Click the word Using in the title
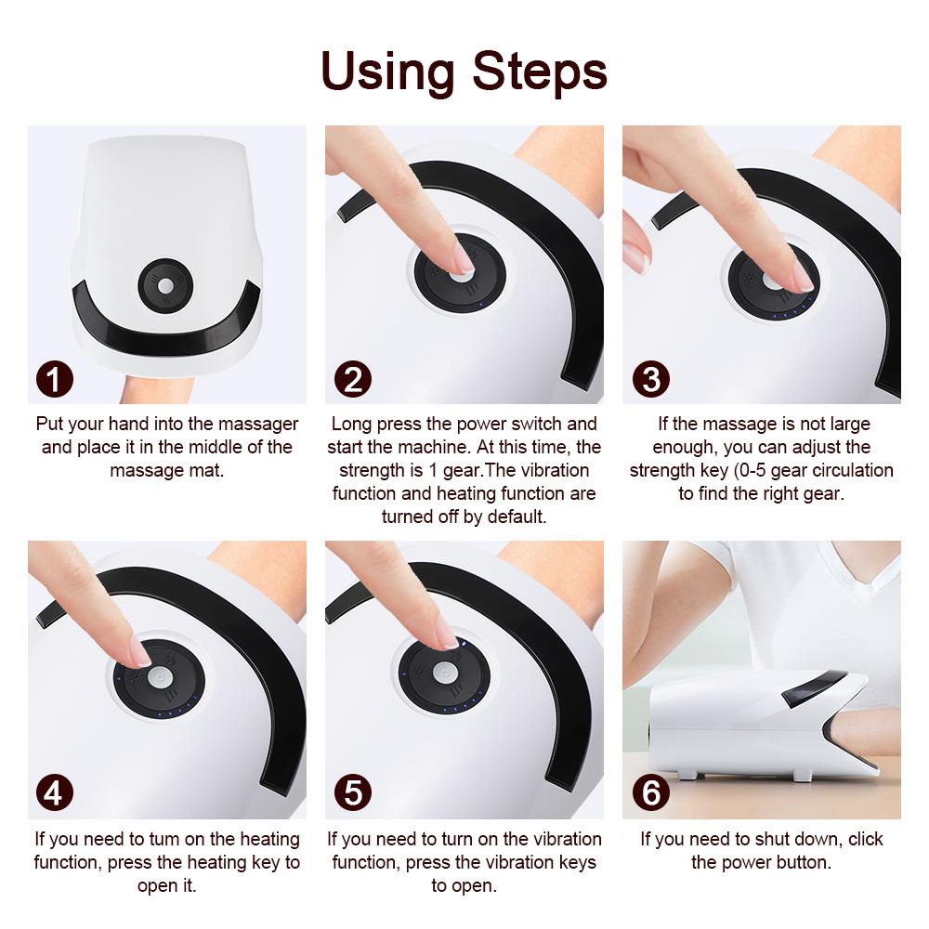[x=388, y=72]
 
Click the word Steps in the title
[x=541, y=72]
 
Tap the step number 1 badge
[x=56, y=379]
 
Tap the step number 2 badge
[x=352, y=379]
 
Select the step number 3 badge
[x=650, y=379]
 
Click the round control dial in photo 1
[x=164, y=285]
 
